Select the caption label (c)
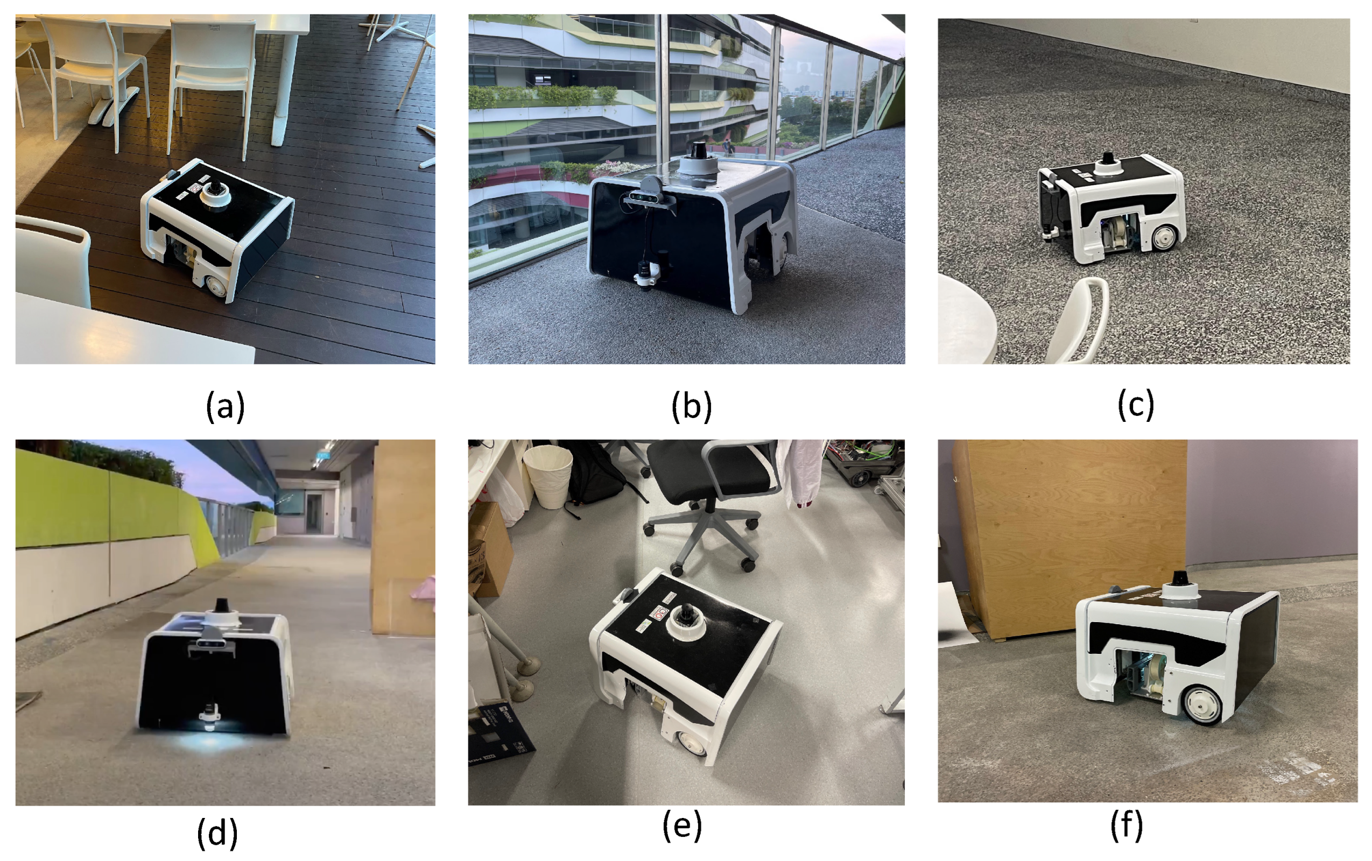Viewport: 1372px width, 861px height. point(1136,405)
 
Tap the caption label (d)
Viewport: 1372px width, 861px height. point(217,833)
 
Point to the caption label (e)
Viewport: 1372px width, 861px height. point(683,825)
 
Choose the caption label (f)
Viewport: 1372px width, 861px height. point(1127,825)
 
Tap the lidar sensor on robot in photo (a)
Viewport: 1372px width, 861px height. point(216,194)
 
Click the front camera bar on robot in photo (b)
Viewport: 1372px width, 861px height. point(651,197)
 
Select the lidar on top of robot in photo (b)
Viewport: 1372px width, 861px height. point(698,158)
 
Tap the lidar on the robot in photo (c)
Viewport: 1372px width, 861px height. point(1107,164)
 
